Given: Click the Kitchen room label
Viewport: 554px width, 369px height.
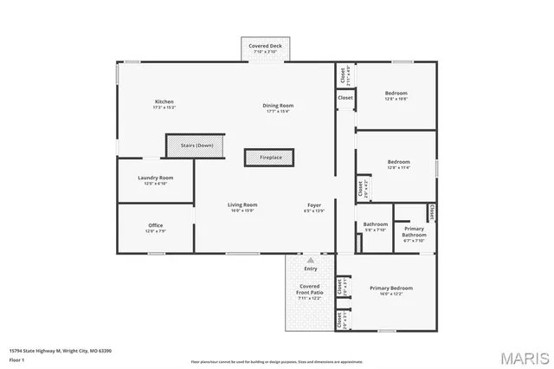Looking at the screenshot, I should (x=164, y=104).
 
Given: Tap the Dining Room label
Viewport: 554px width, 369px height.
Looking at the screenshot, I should (x=277, y=107).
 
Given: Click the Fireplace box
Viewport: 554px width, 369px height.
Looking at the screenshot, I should (x=269, y=157).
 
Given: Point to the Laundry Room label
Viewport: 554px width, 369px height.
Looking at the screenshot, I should (x=155, y=179).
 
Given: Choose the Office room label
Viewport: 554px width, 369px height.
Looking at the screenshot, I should (x=155, y=228).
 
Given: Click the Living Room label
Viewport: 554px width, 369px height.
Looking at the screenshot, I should (x=243, y=207).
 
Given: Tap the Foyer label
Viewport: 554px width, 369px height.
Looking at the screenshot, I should (x=313, y=207).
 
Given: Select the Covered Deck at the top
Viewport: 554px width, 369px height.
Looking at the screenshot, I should (x=265, y=49).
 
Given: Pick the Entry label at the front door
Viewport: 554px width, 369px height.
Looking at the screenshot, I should (x=310, y=269).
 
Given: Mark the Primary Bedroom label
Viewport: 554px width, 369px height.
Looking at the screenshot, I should (x=390, y=290).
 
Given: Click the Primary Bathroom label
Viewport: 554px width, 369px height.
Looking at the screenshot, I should (x=413, y=234).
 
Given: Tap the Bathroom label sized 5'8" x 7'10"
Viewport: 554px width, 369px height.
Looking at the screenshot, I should (x=375, y=227).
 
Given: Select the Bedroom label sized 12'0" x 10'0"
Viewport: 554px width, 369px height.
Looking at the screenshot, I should (x=396, y=95).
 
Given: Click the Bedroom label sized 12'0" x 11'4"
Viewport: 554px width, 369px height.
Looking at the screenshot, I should (x=398, y=164).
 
